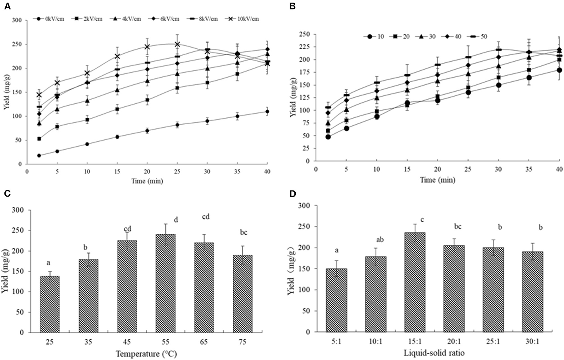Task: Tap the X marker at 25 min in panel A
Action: [x=177, y=44]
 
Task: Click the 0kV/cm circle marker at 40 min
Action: [x=267, y=112]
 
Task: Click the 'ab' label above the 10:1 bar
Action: [x=376, y=239]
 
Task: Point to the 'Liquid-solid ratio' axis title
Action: [x=434, y=353]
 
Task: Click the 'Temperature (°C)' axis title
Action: [x=146, y=354]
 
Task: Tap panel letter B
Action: [x=292, y=7]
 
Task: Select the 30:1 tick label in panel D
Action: [x=532, y=341]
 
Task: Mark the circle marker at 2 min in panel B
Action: [x=328, y=137]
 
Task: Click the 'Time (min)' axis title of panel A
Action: [x=147, y=181]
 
